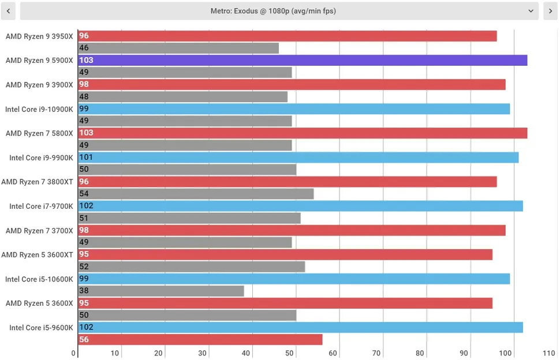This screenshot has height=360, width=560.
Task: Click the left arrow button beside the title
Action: [8, 11]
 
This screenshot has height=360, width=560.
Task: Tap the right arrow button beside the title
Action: [550, 11]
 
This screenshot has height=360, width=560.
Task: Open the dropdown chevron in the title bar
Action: [531, 11]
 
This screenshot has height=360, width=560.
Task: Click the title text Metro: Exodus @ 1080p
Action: [273, 11]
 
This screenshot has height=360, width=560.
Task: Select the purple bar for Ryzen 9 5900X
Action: [303, 60]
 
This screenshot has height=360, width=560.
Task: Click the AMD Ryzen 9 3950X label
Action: [39, 36]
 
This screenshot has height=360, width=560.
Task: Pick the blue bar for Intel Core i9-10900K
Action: [294, 108]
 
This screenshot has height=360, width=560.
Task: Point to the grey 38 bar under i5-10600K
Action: [161, 291]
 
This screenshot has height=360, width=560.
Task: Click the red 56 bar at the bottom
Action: [200, 339]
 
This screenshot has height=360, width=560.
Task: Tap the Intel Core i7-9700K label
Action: [41, 206]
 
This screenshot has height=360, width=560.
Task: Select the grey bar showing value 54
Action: [196, 194]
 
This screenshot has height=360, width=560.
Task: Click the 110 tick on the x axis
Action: [549, 353]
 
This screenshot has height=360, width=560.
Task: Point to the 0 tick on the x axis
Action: [74, 353]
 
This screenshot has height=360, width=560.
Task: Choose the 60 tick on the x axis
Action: [333, 353]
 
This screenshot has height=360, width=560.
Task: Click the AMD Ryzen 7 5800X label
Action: [39, 133]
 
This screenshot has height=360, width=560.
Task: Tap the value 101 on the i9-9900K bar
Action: [86, 157]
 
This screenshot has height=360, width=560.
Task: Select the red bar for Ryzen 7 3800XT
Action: [287, 182]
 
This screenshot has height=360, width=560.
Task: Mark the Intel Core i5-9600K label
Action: [41, 328]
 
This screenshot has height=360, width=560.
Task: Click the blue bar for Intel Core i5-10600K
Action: [294, 279]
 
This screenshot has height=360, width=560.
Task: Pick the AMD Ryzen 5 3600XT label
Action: [37, 254]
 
